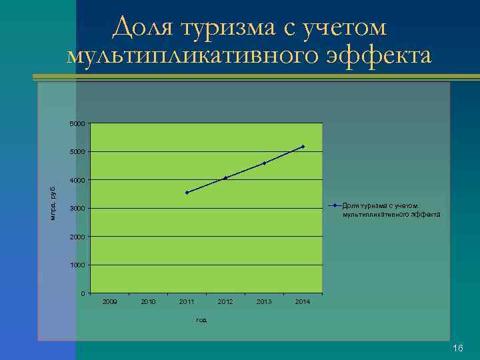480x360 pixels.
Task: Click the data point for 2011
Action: (187, 193)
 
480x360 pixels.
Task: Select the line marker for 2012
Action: (225, 178)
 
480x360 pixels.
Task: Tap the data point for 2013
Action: (264, 163)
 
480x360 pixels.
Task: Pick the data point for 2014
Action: (303, 147)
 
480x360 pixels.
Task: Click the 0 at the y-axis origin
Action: (82, 294)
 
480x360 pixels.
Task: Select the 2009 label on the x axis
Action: (109, 303)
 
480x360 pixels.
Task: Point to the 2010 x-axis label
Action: (148, 303)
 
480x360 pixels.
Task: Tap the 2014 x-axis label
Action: (303, 303)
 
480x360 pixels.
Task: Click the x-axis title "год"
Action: (201, 320)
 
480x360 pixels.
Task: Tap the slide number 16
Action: (457, 349)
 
